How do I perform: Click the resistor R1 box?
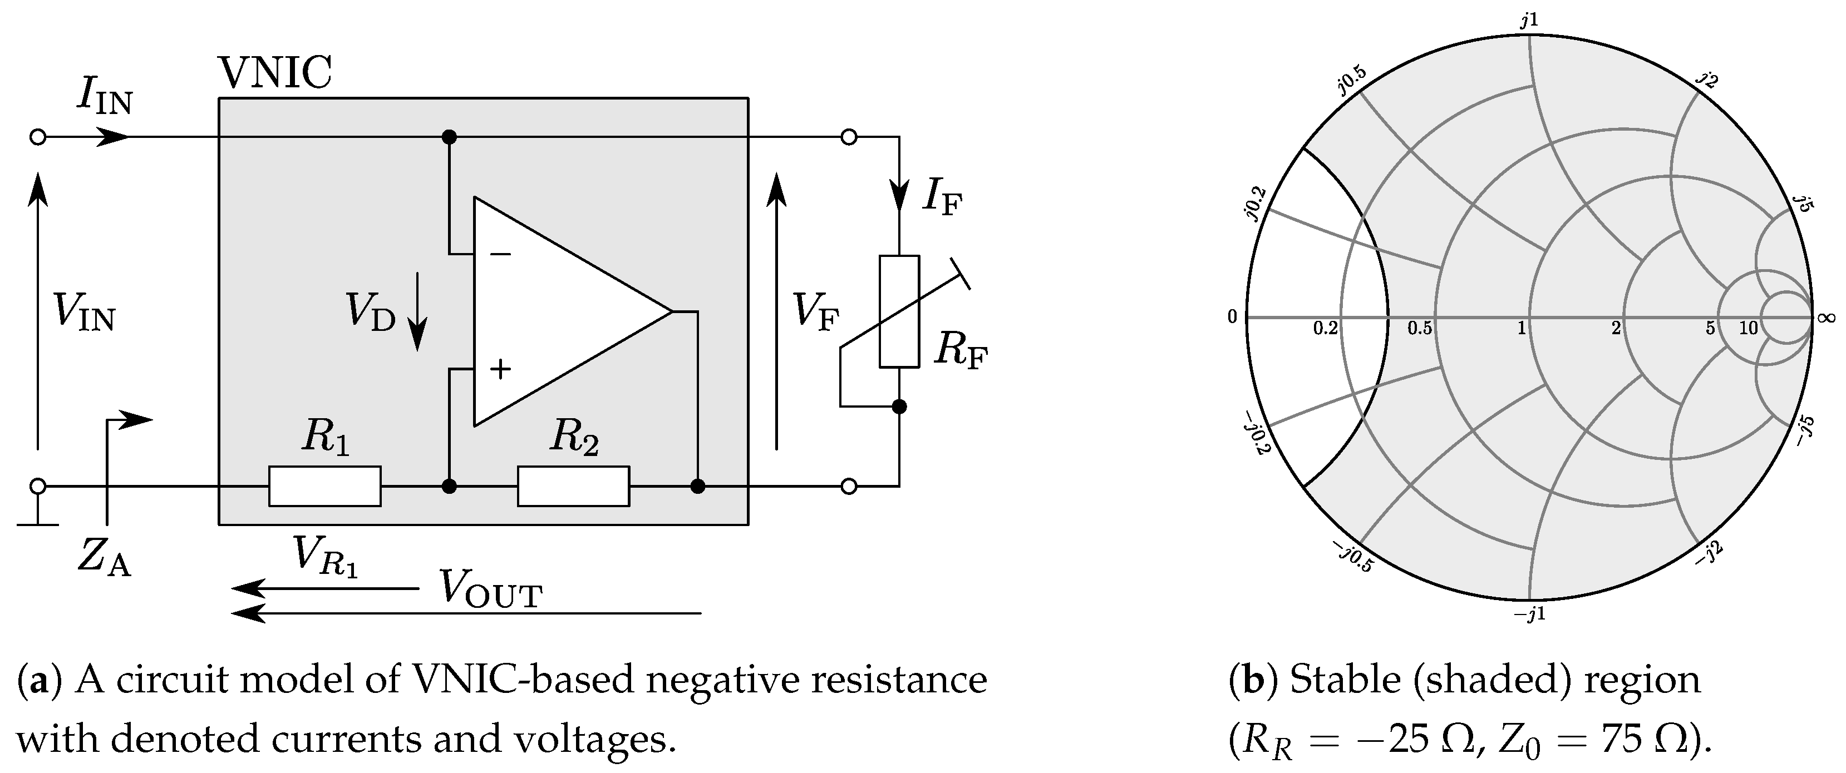(x=324, y=487)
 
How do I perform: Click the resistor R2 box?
(x=573, y=487)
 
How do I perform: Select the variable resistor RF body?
(x=899, y=311)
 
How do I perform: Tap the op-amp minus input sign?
(x=500, y=254)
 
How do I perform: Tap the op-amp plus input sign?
(x=500, y=369)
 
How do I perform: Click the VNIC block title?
(x=275, y=72)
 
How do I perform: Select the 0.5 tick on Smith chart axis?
(x=1419, y=328)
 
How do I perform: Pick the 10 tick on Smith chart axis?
(x=1749, y=328)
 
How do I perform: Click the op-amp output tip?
(x=672, y=311)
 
